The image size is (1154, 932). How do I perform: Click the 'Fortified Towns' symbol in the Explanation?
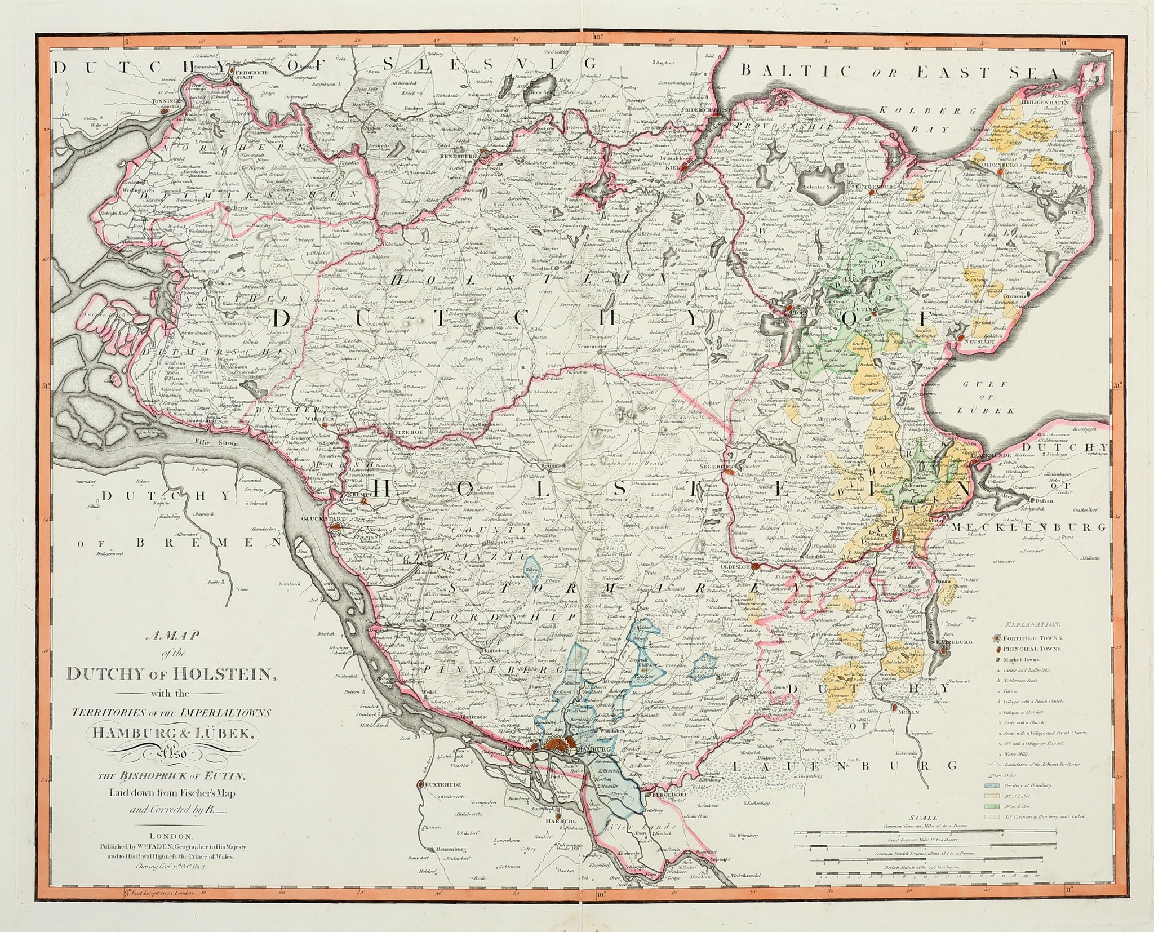(998, 638)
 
